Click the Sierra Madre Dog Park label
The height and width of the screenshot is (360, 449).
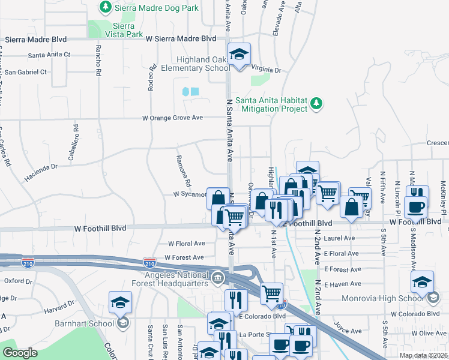pyautogui.click(x=153, y=7)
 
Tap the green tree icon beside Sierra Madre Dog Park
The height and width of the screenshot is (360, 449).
pyautogui.click(x=106, y=7)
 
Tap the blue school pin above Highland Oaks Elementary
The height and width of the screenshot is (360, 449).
pyautogui.click(x=239, y=55)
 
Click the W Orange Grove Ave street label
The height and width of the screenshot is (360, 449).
pyautogui.click(x=172, y=118)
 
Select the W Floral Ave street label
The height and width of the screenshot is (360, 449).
pyautogui.click(x=186, y=244)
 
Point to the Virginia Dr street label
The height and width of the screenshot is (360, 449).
pyautogui.click(x=266, y=70)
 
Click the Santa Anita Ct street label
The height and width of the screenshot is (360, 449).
pyautogui.click(x=49, y=55)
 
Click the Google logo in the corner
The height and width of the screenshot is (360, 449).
pyautogui.click(x=20, y=353)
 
